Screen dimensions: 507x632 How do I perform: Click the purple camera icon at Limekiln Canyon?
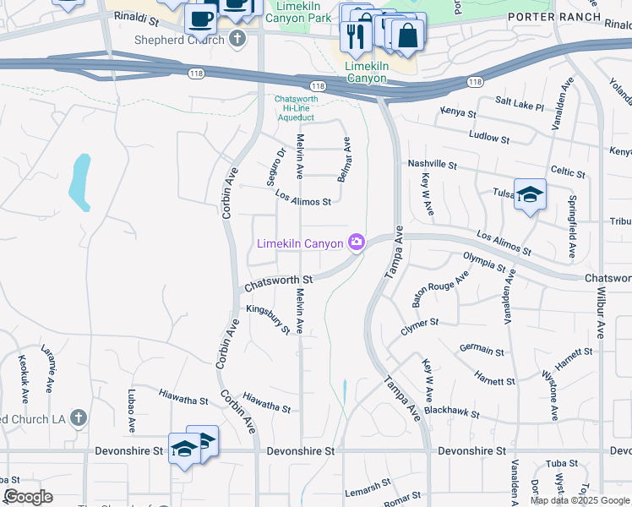[x=357, y=243]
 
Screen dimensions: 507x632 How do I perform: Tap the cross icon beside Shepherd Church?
[x=238, y=39]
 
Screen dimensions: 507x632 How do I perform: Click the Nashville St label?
[x=432, y=165]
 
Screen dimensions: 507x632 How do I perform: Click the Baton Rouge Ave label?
[x=440, y=290]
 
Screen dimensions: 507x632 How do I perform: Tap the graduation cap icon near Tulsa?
[x=530, y=194]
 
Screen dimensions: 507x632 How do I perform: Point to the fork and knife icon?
[x=355, y=35]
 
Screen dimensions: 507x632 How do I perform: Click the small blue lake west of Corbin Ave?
[x=80, y=182]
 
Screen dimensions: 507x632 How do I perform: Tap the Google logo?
[x=29, y=497]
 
